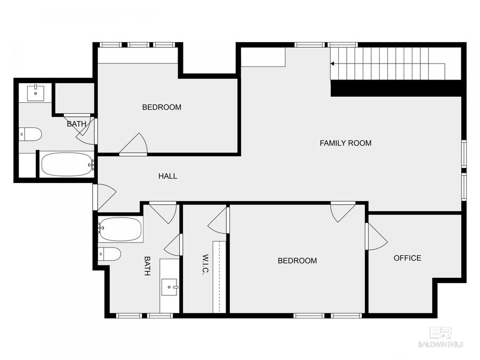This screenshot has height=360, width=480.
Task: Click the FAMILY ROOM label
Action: (x=345, y=143)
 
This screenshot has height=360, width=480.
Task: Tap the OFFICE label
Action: (x=407, y=258)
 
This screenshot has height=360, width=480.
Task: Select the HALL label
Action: (x=167, y=176)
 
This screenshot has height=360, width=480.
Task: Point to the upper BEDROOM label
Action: (x=161, y=107)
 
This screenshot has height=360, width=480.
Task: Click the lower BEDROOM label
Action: (x=297, y=261)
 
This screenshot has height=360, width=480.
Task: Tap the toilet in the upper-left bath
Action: (x=30, y=134)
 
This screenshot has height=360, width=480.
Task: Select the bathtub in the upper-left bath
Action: (x=67, y=164)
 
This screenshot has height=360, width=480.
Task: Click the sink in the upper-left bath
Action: (x=36, y=93)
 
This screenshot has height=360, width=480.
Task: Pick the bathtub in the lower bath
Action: (x=121, y=229)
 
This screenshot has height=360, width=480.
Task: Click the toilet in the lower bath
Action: (x=110, y=254)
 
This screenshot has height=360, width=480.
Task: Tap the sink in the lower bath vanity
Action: (x=171, y=287)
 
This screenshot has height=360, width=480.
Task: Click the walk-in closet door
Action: (x=219, y=221)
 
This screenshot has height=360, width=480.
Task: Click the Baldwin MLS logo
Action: (x=440, y=337)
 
